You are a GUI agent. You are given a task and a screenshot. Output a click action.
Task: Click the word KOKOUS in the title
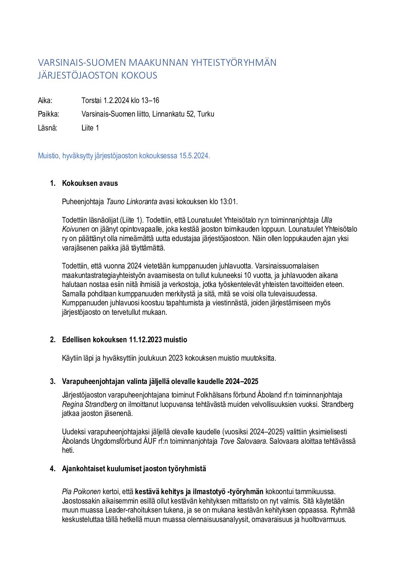139,76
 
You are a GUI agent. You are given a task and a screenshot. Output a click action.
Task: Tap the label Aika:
45,100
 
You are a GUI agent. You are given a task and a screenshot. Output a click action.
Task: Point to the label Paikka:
49,114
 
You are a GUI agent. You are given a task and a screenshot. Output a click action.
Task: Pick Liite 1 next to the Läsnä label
90,128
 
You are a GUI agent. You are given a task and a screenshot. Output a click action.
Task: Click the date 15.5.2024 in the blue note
194,156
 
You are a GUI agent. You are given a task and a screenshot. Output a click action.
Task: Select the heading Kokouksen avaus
90,184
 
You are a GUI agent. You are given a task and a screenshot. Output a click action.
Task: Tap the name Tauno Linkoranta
132,202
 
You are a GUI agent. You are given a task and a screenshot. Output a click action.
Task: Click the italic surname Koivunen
76,229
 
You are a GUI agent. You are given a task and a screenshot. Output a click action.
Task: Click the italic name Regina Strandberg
90,404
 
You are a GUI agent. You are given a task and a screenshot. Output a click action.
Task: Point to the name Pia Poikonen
81,492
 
